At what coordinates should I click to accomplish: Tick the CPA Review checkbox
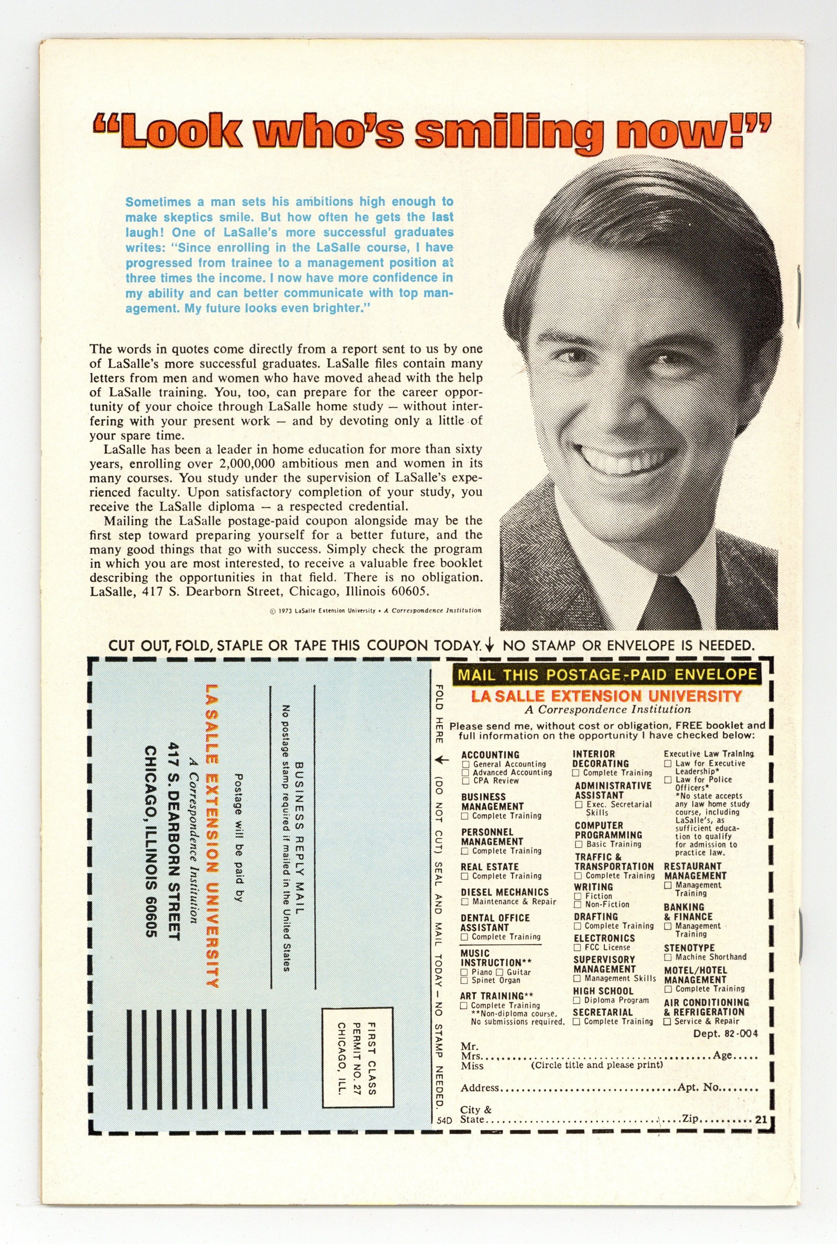[x=466, y=781]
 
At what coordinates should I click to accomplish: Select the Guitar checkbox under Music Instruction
[x=500, y=972]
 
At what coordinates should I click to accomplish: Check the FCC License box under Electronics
[x=577, y=948]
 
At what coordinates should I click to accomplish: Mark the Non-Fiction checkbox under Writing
[x=578, y=905]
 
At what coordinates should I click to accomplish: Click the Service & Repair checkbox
[x=667, y=1021]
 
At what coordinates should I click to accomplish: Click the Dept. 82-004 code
[x=725, y=1034]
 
